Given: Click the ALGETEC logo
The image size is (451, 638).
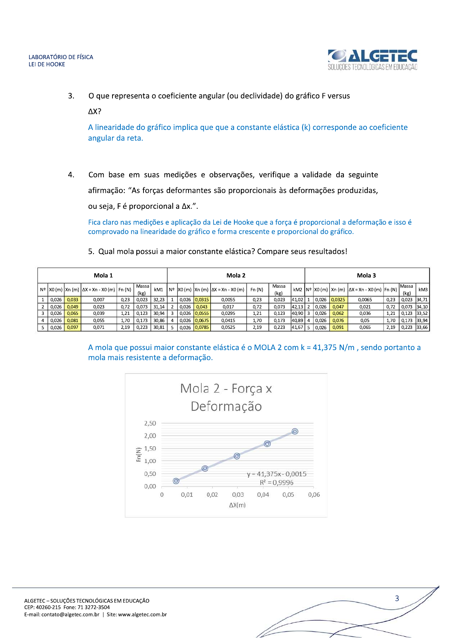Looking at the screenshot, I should [373, 59].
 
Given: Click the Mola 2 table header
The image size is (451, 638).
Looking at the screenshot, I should [236, 275].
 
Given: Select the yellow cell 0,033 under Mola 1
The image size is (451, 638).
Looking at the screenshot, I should [72, 300].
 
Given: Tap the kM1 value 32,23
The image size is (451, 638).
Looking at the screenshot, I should [159, 300].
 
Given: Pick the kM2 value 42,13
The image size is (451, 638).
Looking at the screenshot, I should [297, 307].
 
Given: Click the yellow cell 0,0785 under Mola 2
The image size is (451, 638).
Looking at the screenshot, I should [202, 327].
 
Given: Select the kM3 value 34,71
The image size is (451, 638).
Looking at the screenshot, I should [422, 300].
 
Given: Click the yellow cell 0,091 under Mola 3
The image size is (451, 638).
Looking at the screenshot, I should [338, 327].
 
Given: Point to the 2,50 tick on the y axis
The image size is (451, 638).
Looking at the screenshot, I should [150, 423].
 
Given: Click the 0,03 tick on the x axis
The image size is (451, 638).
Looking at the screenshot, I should [238, 495].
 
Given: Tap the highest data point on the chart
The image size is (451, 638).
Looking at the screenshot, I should [295, 431].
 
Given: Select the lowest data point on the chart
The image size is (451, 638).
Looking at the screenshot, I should [176, 481].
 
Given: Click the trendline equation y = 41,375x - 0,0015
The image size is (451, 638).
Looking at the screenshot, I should [276, 474].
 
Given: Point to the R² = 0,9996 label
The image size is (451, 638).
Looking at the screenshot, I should [276, 483].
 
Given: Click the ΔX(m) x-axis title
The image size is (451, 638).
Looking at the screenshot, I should [237, 505].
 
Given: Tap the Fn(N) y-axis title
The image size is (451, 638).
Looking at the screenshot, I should [139, 454].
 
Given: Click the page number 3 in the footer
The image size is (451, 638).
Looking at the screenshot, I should [397, 599].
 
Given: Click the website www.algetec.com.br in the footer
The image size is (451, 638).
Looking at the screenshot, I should [142, 615].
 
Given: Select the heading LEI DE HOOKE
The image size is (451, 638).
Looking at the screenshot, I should [47, 64].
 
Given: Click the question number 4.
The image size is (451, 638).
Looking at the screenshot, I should [71, 175].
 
